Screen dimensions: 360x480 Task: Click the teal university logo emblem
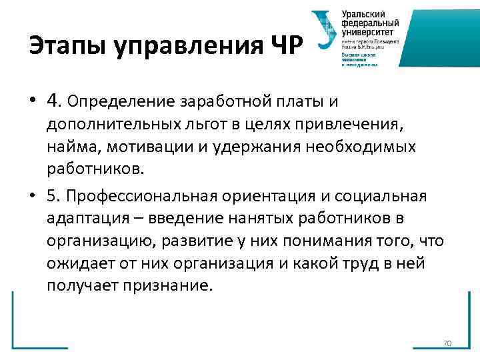[323, 30]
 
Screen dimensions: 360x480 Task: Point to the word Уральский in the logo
[364, 14]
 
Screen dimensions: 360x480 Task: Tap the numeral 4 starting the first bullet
[54, 101]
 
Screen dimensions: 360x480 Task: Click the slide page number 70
[447, 343]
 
